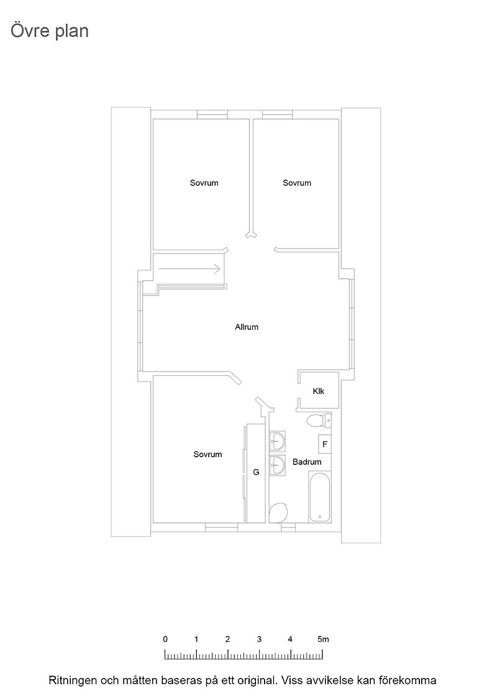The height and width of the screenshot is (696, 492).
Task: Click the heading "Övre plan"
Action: tap(50, 31)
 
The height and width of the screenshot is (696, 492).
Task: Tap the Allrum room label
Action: tap(247, 327)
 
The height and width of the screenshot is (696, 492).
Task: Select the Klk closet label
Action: tap(319, 391)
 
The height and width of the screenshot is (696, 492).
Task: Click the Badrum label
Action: tap(307, 462)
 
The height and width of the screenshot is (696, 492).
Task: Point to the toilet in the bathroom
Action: tap(319, 420)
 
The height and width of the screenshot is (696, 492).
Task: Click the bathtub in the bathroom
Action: tap(319, 498)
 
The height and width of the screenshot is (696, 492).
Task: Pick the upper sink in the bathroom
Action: tap(277, 441)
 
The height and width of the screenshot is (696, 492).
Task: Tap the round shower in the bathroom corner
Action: tap(278, 513)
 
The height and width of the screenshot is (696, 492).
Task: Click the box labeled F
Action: tap(325, 444)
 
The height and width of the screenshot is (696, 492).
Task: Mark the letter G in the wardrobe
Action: tap(256, 472)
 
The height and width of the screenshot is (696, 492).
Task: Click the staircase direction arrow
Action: tap(189, 268)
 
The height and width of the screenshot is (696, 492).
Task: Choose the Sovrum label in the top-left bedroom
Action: tap(204, 183)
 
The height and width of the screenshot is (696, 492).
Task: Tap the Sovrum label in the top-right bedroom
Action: tap(297, 183)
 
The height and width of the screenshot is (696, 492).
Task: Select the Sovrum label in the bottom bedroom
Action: tap(207, 454)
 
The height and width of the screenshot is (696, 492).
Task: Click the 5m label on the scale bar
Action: tap(324, 639)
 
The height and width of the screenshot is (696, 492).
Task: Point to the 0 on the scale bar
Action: tap(165, 639)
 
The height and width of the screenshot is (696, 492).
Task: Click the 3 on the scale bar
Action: tap(259, 639)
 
